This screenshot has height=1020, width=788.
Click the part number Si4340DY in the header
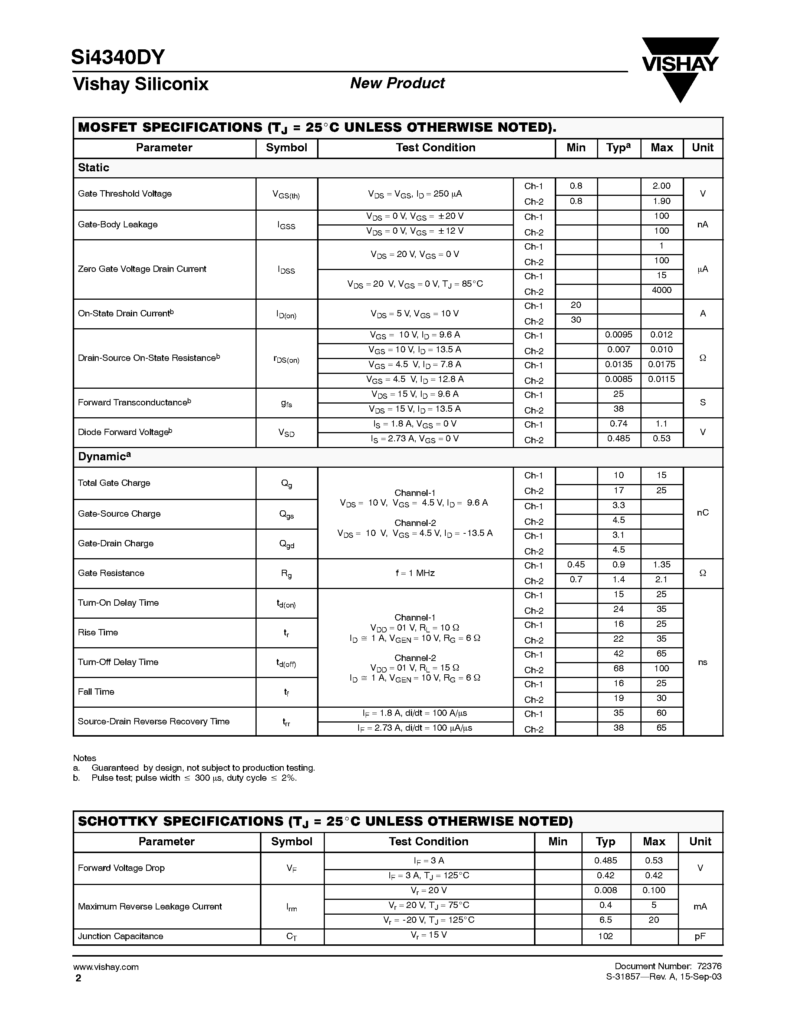tap(118, 57)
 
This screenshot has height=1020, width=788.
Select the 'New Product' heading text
tap(397, 83)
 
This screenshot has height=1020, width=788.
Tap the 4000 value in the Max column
tap(662, 290)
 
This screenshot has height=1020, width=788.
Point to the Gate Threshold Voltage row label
tap(125, 194)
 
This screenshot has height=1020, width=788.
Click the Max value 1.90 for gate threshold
tap(662, 201)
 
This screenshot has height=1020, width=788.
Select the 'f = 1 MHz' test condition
tap(415, 573)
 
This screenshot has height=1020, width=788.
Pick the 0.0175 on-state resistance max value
tap(662, 364)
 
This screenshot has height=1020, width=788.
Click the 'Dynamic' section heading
tap(103, 457)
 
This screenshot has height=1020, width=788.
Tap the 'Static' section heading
tap(93, 168)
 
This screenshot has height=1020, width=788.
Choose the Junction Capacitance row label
tap(121, 937)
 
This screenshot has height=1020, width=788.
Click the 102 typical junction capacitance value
tap(606, 937)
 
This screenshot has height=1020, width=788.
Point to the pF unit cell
tap(700, 937)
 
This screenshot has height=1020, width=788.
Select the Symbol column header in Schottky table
tap(291, 842)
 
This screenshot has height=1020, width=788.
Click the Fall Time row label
tap(96, 692)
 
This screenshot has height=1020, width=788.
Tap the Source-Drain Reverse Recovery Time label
tap(154, 721)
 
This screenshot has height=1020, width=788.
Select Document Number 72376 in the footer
tap(667, 966)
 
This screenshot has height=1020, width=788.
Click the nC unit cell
tap(703, 513)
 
